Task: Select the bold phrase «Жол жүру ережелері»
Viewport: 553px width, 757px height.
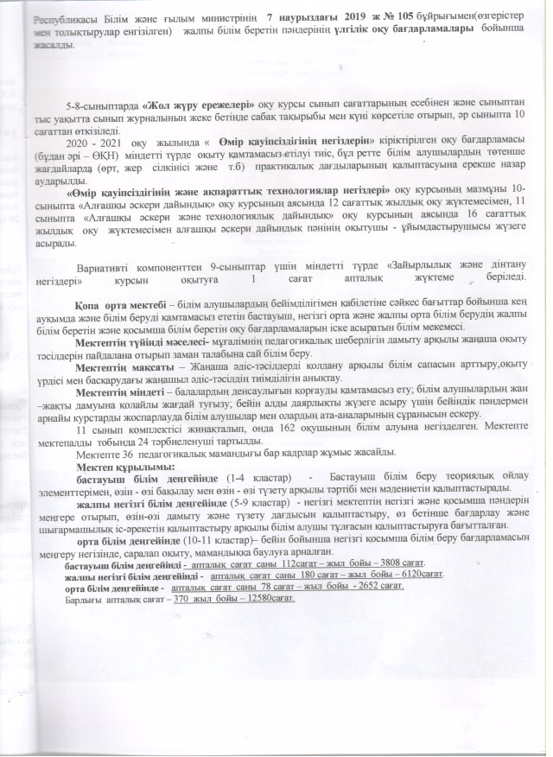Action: click(197, 105)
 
